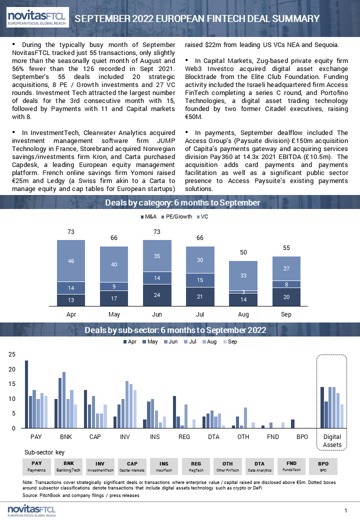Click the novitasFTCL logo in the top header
pyautogui.click(x=37, y=17)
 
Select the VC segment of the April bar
pyautogui.click(x=71, y=261)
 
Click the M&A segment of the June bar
pyautogui.click(x=157, y=295)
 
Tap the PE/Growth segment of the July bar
pyautogui.click(x=200, y=280)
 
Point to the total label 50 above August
pyautogui.click(x=243, y=252)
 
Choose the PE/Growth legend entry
pyautogui.click(x=176, y=216)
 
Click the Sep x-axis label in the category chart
pyautogui.click(x=286, y=314)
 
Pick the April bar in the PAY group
pyautogui.click(x=26, y=394)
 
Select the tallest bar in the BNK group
pyautogui.click(x=64, y=400)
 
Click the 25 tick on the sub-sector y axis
pyautogui.click(x=12, y=354)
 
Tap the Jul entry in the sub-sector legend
pyautogui.click(x=190, y=341)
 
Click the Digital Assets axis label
pyautogui.click(x=332, y=440)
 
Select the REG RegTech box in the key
pyautogui.click(x=196, y=466)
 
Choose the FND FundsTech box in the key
pyautogui.click(x=291, y=466)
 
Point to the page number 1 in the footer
pyautogui.click(x=345, y=510)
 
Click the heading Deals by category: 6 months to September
pyautogui.click(x=182, y=202)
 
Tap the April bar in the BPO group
pyautogui.click(x=292, y=424)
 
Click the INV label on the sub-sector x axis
pyautogui.click(x=125, y=437)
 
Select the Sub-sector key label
pyautogui.click(x=44, y=452)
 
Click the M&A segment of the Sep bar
pyautogui.click(x=286, y=297)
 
